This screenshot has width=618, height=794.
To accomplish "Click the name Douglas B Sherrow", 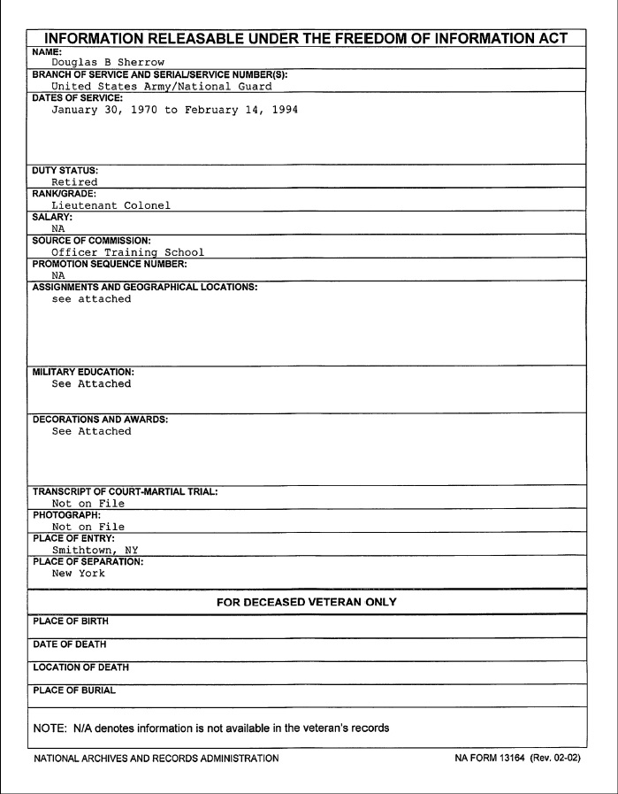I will pyautogui.click(x=108, y=62).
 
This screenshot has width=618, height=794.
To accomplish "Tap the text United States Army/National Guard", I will pyautogui.click(x=160, y=87).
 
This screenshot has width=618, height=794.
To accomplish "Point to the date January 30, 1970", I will pyautogui.click(x=102, y=111).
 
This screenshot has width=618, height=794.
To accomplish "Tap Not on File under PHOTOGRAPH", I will pyautogui.click(x=88, y=527).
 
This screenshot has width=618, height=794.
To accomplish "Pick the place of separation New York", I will pyautogui.click(x=78, y=573).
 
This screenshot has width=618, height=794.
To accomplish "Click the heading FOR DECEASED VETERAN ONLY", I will pyautogui.click(x=308, y=602).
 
